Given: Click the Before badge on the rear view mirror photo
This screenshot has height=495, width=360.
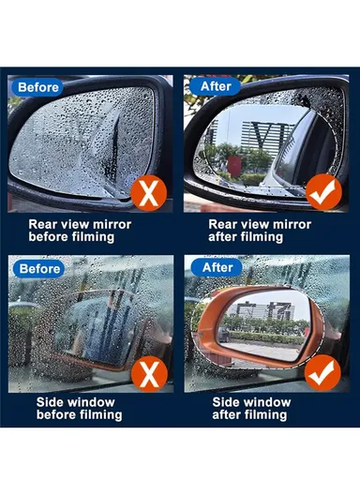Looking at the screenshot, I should pos(38,88).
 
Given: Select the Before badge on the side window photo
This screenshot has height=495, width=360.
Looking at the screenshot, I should pos(38,268).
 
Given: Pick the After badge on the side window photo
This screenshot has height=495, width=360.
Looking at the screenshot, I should pos(216,268).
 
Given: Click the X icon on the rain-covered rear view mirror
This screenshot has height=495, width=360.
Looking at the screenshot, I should pos(146,195).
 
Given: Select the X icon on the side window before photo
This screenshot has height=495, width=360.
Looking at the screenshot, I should pos(146,374).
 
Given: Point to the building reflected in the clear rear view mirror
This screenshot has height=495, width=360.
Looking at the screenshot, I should pos(253,136).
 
